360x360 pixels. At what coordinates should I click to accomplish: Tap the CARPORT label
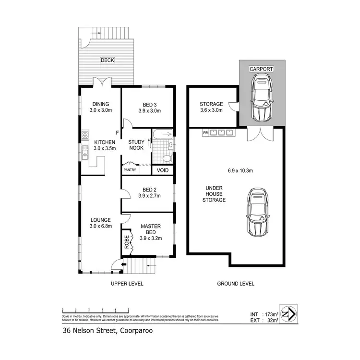pos(261,69)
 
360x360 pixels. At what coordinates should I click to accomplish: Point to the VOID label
pos(162,169)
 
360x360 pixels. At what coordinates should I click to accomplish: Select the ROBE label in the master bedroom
pos(127,240)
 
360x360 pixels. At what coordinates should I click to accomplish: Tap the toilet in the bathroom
pos(166,157)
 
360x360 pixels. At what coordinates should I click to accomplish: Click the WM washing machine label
pos(205,132)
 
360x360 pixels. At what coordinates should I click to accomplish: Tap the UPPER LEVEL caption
pos(127,284)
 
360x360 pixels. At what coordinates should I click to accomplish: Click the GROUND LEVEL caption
pos(236,284)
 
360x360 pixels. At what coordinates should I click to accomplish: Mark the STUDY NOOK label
pos(136,145)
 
